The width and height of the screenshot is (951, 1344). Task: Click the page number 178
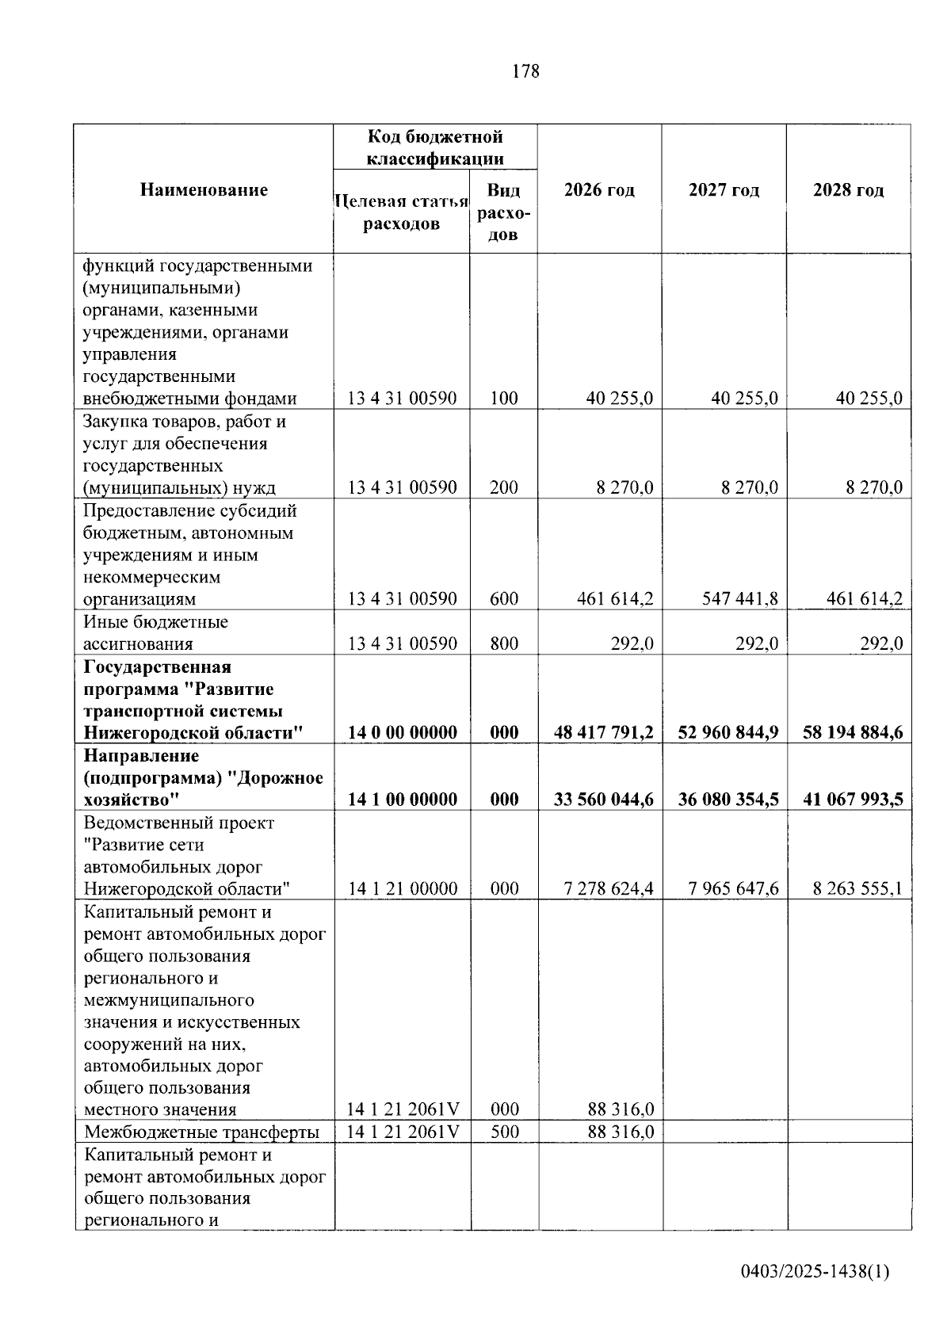coord(525,71)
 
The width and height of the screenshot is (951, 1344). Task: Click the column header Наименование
coord(204,190)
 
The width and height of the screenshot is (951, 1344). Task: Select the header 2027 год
coord(724,190)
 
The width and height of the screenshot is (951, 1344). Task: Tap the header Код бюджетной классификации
coord(434,147)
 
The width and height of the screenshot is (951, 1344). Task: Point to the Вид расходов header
coord(503,212)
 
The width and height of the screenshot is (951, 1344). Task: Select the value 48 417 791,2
coord(604,732)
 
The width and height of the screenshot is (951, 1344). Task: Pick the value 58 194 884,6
coord(853,732)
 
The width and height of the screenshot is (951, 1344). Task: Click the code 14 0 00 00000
coord(403,732)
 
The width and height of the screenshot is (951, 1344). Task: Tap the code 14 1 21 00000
coord(403,888)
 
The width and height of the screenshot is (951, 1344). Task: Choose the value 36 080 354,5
coord(728,800)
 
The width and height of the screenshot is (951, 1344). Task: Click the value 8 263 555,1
coord(857,888)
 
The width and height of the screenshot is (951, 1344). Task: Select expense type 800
coord(504,643)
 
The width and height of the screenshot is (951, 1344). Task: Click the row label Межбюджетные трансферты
coord(201,1132)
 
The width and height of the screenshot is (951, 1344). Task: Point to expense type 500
coord(504,1132)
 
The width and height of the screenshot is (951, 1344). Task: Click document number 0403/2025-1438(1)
coord(815,1272)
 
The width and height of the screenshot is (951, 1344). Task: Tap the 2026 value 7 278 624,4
coord(609,888)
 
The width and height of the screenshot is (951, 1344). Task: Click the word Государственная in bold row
coord(157,667)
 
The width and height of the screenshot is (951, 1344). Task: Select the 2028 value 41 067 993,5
coord(853,800)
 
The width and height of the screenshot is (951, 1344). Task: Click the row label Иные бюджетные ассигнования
coord(155,632)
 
